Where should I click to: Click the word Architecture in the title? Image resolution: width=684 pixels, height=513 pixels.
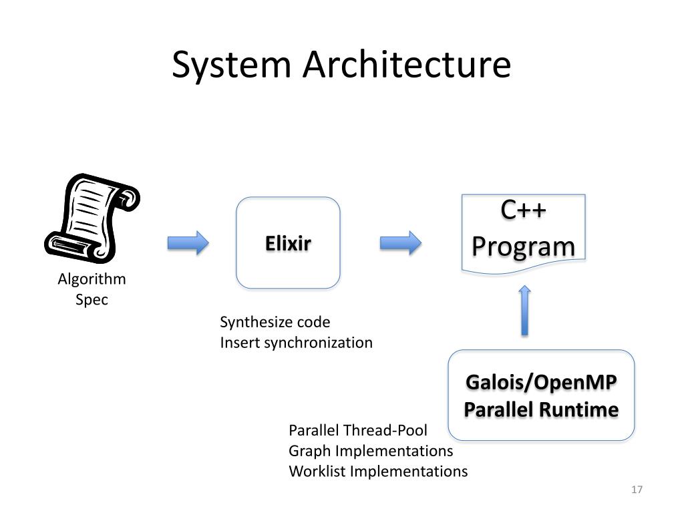pos(407,65)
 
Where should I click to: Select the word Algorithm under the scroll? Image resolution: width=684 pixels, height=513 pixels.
pos(92,279)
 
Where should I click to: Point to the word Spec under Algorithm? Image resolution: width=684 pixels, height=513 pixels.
pos(92,299)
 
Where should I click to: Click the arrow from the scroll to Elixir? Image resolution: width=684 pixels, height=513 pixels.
pos(188,242)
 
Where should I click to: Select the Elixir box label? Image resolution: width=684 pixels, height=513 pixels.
pos(288,243)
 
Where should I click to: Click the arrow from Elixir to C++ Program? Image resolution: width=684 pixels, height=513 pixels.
pos(401,242)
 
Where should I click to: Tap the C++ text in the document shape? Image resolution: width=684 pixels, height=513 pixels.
pos(524,210)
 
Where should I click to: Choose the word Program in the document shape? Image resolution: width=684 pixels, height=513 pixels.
pos(524,246)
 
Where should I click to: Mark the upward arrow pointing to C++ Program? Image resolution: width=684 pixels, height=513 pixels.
pos(524,311)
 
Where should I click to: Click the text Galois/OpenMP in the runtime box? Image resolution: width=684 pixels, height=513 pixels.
pos(541,383)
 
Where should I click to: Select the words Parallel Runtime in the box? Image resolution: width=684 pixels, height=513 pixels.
pos(541,409)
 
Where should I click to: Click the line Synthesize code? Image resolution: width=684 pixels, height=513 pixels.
pos(275,322)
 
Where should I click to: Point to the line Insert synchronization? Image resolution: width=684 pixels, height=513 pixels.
pos(297,343)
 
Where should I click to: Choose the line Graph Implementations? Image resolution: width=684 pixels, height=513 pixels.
pos(371,450)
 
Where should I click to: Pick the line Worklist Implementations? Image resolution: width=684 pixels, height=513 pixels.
pos(378,471)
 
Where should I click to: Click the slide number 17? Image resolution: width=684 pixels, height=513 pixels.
pos(637,490)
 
